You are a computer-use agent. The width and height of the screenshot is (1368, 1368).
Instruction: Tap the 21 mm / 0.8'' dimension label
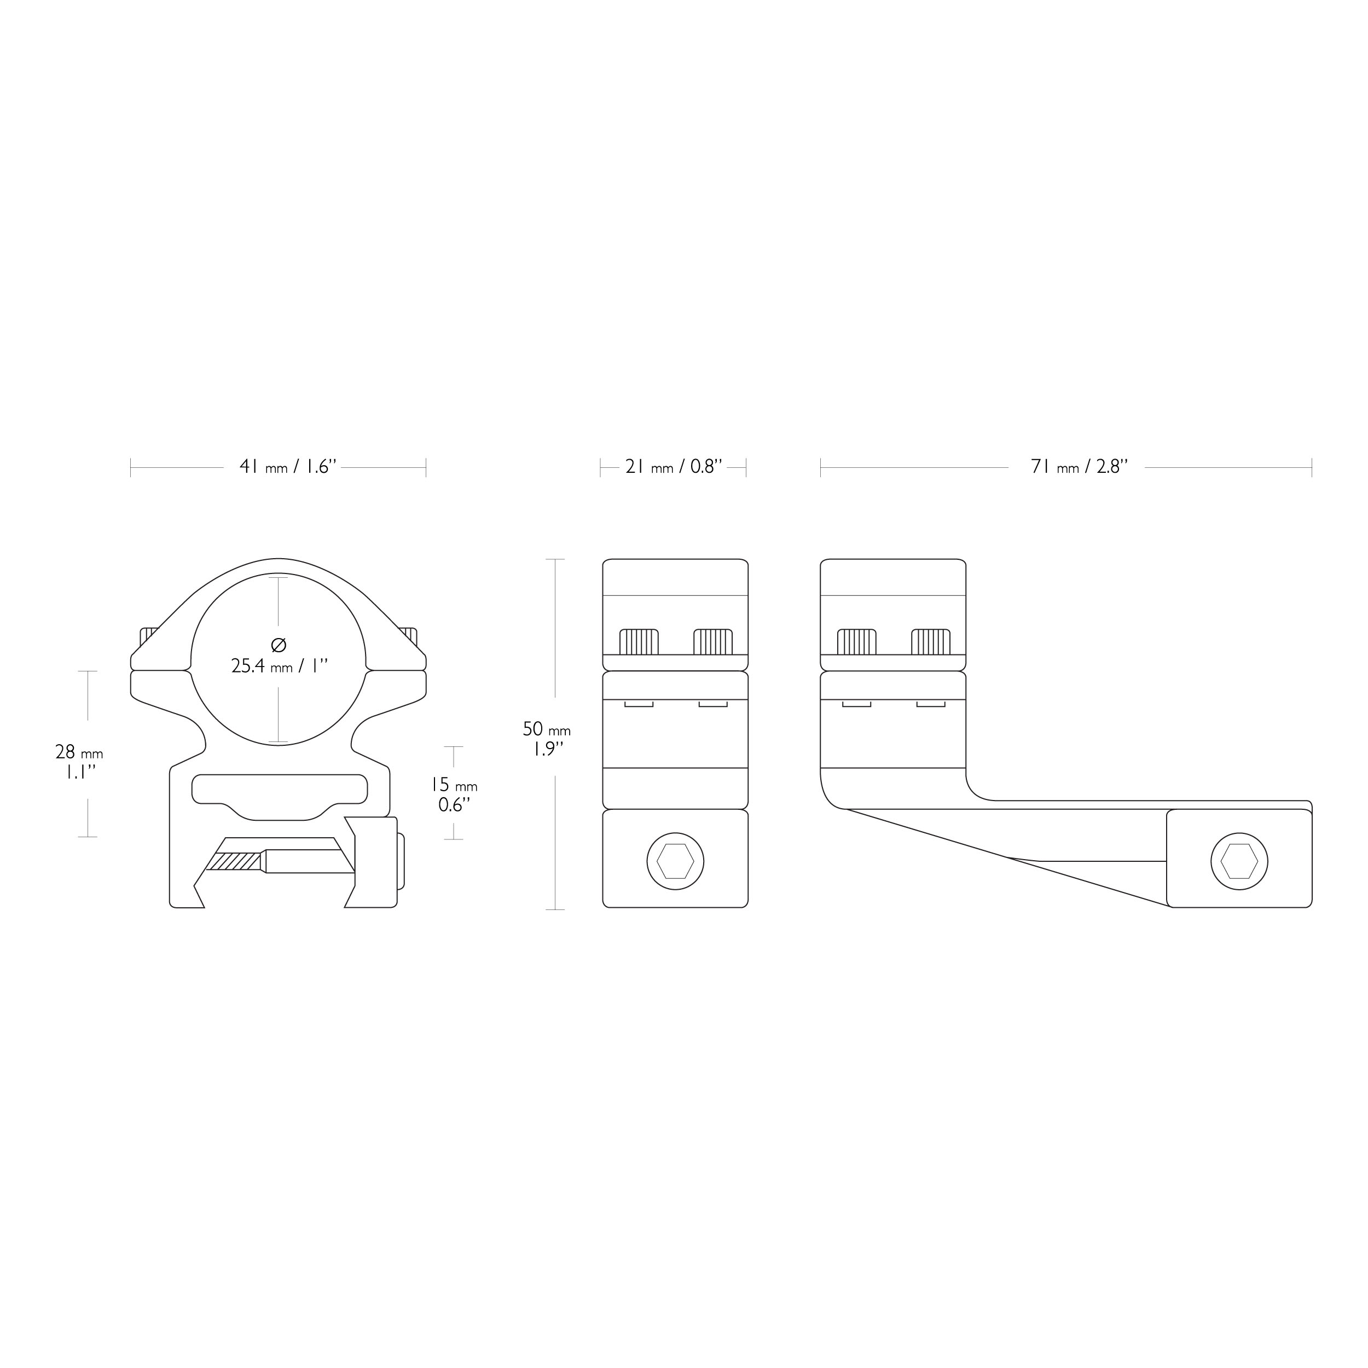(x=674, y=467)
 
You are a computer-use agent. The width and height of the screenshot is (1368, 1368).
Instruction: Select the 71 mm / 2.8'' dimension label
(x=1079, y=467)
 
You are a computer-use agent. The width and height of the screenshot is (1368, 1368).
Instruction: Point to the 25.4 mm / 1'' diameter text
(x=280, y=666)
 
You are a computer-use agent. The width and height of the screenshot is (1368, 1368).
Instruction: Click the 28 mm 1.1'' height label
(x=79, y=762)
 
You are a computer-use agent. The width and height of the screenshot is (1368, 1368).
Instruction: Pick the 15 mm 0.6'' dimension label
(x=454, y=795)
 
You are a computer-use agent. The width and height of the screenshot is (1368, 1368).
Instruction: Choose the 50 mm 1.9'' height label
(x=546, y=739)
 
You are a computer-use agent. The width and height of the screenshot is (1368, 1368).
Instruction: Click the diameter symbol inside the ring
(x=279, y=645)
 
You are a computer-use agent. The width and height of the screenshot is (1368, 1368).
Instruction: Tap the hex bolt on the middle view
(x=675, y=861)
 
